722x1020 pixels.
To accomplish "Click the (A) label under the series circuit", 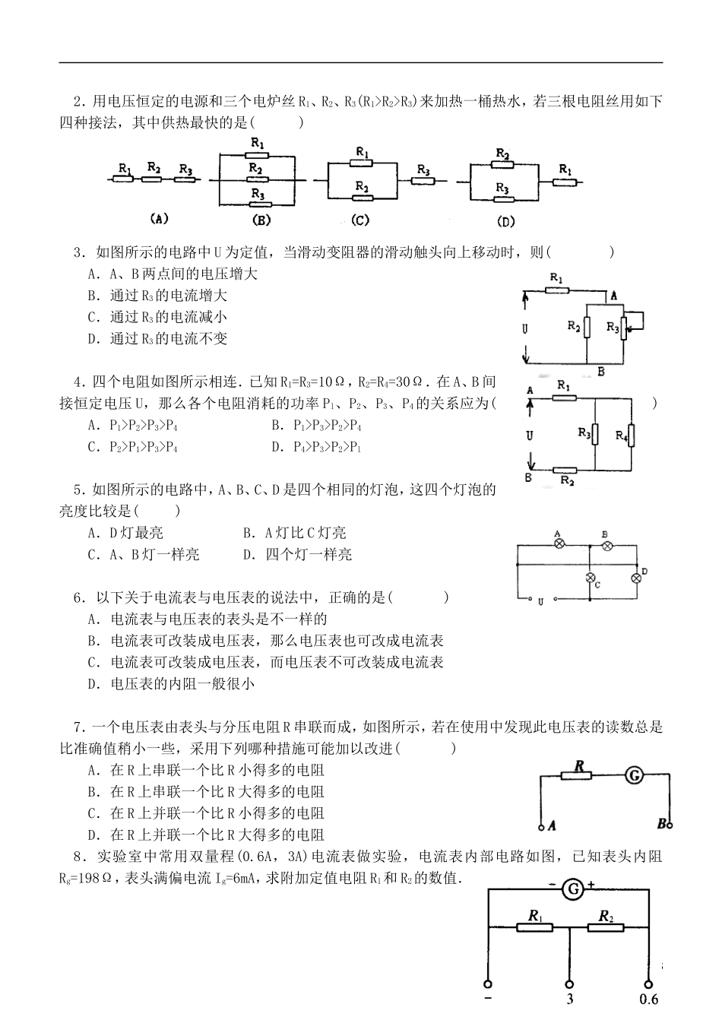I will click(x=158, y=219).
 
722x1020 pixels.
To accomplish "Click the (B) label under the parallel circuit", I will click(x=261, y=220).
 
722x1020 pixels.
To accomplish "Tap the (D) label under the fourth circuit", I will click(x=505, y=221).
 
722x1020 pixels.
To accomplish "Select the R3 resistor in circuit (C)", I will click(x=423, y=181).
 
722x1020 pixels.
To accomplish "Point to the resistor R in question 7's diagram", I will click(x=577, y=776).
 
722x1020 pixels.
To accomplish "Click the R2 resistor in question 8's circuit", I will click(x=606, y=927).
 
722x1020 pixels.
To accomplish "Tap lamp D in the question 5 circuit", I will click(x=636, y=578).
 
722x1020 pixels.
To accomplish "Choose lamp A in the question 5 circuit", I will click(x=559, y=544).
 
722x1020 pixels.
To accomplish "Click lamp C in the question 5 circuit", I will click(x=590, y=578).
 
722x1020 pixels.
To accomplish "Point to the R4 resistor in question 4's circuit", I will click(x=631, y=436).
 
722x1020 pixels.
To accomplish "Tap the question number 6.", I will click(x=78, y=597).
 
